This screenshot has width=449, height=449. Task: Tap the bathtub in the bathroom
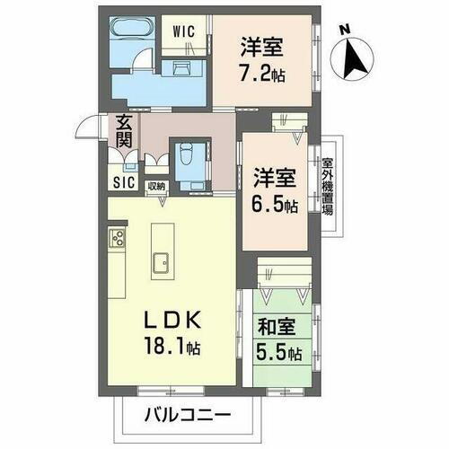pyautogui.click(x=136, y=29)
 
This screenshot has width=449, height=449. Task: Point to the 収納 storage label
pyautogui.click(x=157, y=186)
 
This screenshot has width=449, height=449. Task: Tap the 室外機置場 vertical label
pyautogui.click(x=328, y=187)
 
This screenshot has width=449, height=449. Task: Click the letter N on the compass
pyautogui.click(x=343, y=29)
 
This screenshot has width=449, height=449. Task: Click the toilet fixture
pyautogui.click(x=187, y=158)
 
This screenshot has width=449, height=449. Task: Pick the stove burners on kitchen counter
pyautogui.click(x=117, y=239)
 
